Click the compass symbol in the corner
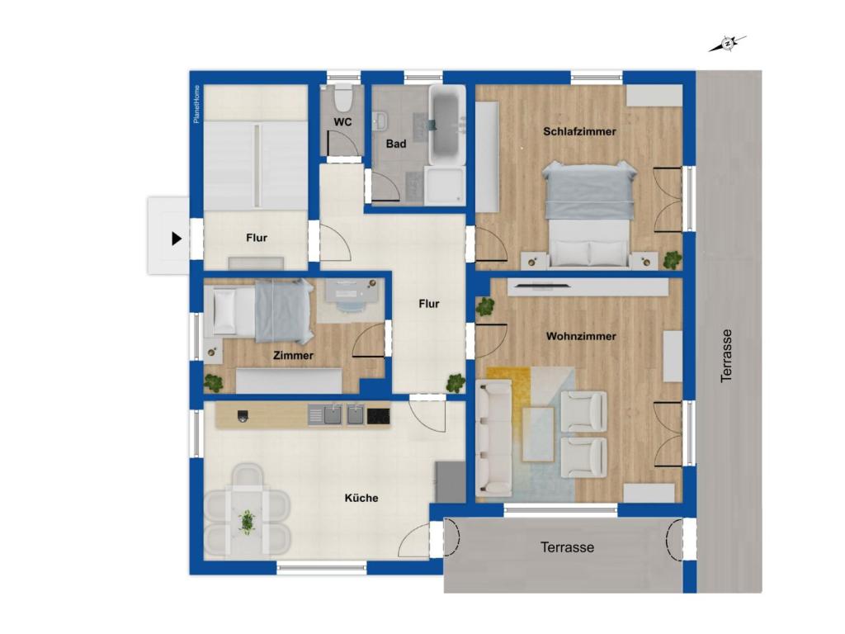coord(727,44)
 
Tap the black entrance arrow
coord(177,239)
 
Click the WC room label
coord(342,122)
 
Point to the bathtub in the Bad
coord(446,125)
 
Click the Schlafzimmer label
coord(579,131)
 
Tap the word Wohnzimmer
coord(581,337)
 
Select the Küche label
coord(361,498)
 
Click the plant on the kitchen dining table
coord(248,522)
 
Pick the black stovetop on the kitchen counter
coord(378,416)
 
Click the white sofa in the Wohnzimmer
coord(493,438)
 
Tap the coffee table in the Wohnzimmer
coord(538,434)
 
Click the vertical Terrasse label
coord(726,356)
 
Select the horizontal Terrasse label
coord(567,547)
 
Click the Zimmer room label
coord(293,355)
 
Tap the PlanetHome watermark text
coord(196,104)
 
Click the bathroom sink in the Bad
coord(381,121)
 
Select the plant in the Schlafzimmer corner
coord(673,260)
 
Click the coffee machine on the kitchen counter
coord(243,416)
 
